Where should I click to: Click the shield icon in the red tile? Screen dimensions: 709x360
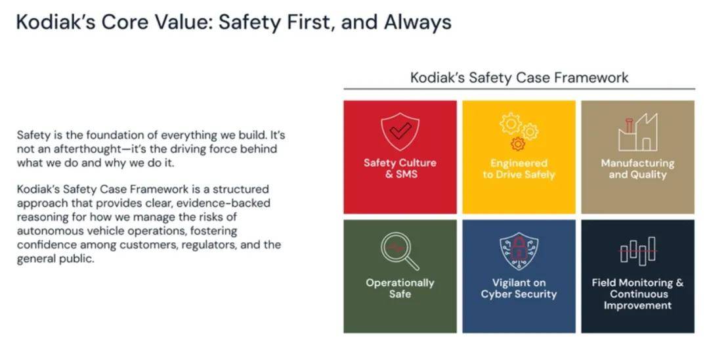[x=400, y=131]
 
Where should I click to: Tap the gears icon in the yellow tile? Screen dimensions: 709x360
[x=519, y=131]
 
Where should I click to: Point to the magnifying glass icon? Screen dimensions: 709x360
[x=400, y=251]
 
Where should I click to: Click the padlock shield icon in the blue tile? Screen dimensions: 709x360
[x=519, y=252]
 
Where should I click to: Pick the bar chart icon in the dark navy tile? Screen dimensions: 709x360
[x=637, y=250]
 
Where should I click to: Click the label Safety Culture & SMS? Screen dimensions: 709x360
[x=400, y=168]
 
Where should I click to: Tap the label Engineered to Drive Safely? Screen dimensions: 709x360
[x=519, y=169]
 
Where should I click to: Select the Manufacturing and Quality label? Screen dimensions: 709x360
[x=637, y=169]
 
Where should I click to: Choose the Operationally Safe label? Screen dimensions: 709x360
[x=400, y=288]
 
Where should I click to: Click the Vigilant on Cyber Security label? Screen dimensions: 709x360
[x=519, y=288]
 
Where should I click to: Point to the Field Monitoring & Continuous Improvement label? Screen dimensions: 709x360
[x=637, y=294]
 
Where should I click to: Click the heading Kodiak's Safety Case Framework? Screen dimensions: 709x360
[x=519, y=78]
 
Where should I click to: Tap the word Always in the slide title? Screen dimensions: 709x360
[x=418, y=22]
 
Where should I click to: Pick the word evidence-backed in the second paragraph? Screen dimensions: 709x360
[x=223, y=202]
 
